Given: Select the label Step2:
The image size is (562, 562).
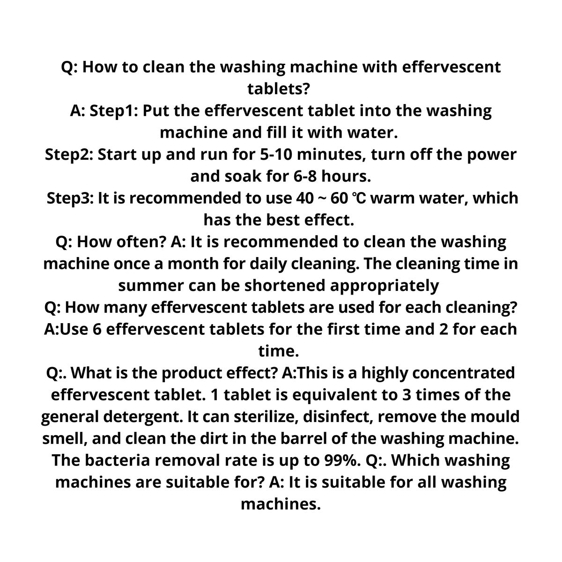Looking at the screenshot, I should pyautogui.click(x=69, y=155).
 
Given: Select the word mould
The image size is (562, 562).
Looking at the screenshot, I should pyautogui.click(x=494, y=417).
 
